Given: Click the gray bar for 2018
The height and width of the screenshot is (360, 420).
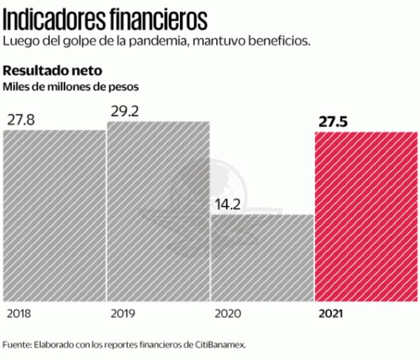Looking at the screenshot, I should click(x=55, y=215).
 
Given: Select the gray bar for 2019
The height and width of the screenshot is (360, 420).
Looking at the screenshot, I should click(x=158, y=211).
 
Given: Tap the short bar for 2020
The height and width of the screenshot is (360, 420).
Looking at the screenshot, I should click(x=262, y=258).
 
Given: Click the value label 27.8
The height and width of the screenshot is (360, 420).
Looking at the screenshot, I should click(x=20, y=120).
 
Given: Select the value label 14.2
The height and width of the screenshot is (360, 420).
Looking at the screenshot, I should click(x=227, y=204).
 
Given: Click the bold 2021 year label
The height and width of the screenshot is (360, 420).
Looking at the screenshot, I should click(x=331, y=314).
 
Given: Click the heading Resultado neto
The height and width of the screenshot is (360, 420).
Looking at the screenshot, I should click(x=53, y=71).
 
